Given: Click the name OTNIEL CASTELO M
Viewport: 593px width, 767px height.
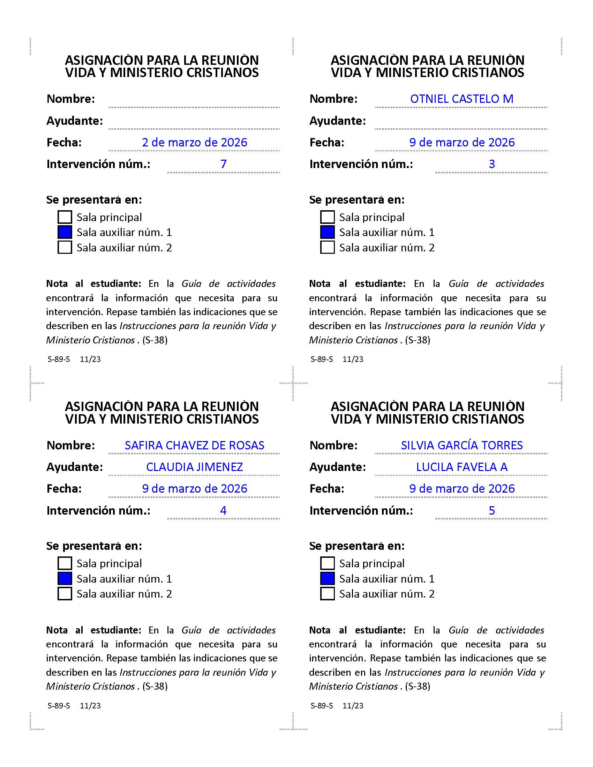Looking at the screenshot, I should pyautogui.click(x=461, y=99).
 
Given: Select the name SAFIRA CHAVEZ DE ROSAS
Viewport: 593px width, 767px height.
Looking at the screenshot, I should pyautogui.click(x=194, y=445).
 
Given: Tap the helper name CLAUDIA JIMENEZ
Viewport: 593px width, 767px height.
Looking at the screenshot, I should pyautogui.click(x=194, y=467).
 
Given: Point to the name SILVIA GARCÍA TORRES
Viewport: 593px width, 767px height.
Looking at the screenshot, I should pyautogui.click(x=461, y=445).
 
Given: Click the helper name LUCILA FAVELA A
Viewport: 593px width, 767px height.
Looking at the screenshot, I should pyautogui.click(x=461, y=467).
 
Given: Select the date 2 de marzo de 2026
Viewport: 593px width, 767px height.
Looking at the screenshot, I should pyautogui.click(x=194, y=143).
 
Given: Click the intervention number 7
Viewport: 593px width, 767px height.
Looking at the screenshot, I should pyautogui.click(x=224, y=164).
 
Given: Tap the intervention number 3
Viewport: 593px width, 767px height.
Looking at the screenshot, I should pyautogui.click(x=492, y=164).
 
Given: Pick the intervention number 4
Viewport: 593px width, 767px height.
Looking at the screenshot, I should pyautogui.click(x=224, y=510).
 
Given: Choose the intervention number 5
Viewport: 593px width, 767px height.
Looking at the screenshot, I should pyautogui.click(x=492, y=510).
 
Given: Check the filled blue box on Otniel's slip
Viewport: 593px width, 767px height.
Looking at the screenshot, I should pyautogui.click(x=328, y=233).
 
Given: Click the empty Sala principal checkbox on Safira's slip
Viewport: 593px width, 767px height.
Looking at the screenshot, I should pyautogui.click(x=65, y=563).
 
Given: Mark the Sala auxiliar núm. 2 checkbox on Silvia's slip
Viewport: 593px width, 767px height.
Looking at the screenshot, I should pyautogui.click(x=328, y=594).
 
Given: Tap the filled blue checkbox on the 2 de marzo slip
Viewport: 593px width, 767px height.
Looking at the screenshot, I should pyautogui.click(x=65, y=233).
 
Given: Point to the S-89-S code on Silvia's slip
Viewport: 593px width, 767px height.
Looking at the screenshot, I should pyautogui.click(x=322, y=706).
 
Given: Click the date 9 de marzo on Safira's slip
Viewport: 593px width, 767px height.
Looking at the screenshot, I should pyautogui.click(x=194, y=489).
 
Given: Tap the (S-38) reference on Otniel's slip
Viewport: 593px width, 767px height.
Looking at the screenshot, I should pyautogui.click(x=417, y=340).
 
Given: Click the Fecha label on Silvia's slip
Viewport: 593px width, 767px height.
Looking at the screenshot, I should pyautogui.click(x=327, y=489).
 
